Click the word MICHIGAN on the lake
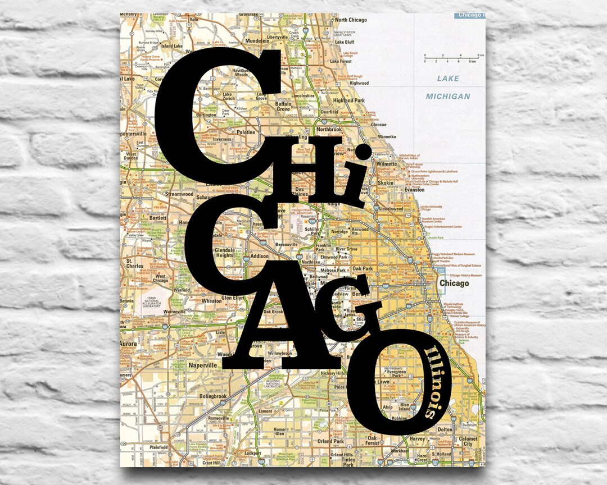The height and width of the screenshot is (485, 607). (x=447, y=97)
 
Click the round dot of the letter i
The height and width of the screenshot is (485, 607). (x=363, y=152)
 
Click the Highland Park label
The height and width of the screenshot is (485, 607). (x=349, y=100)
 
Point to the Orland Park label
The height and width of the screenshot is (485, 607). (x=330, y=441)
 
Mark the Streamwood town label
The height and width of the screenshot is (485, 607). (x=179, y=194)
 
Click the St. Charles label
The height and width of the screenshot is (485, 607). (x=135, y=263)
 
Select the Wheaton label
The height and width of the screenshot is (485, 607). (x=211, y=301)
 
